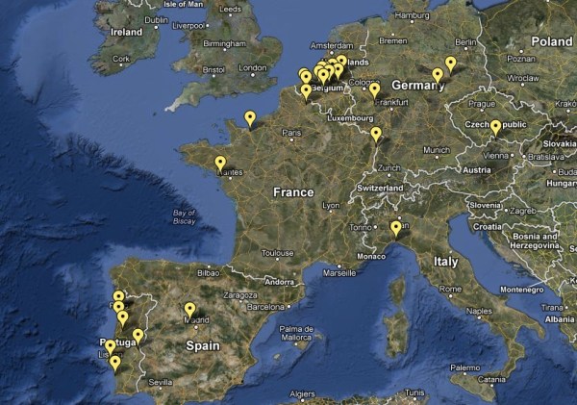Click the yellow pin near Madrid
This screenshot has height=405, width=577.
[189, 310]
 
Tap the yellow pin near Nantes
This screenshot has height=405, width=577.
[220, 164]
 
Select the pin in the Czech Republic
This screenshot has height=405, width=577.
[495, 126]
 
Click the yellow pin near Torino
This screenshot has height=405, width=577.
[395, 228]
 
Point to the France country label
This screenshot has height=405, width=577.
[293, 192]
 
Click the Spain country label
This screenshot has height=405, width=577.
[203, 345]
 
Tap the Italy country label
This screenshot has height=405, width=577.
[445, 261]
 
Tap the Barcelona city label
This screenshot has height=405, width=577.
[267, 307]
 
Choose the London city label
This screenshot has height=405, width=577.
[252, 68]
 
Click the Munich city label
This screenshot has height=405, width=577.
[436, 150]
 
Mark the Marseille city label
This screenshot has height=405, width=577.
[339, 272]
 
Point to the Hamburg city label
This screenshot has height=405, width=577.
[413, 15]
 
